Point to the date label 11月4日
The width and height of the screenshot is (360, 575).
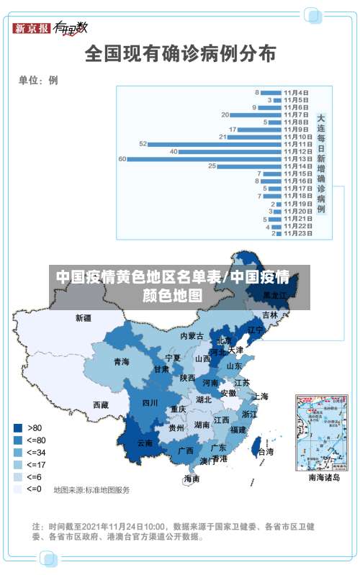tap(296, 92)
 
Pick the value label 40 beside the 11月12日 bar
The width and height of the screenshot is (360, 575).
tap(174, 152)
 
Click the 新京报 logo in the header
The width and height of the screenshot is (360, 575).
tap(32, 29)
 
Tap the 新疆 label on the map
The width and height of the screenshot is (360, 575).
tap(84, 317)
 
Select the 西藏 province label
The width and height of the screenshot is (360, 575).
tap(100, 405)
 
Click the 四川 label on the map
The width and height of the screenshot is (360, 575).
tap(149, 403)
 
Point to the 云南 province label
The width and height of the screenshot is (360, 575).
tap(145, 443)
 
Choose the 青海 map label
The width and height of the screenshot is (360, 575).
tap(122, 362)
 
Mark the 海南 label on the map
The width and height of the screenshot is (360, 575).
tap(192, 478)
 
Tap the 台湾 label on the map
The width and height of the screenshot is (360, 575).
tap(265, 452)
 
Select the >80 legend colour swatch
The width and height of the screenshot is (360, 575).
tap(17, 427)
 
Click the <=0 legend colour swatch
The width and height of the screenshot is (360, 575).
tap(17, 489)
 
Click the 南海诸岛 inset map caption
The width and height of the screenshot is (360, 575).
tap(324, 477)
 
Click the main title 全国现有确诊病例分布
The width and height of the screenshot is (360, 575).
tap(180, 53)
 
